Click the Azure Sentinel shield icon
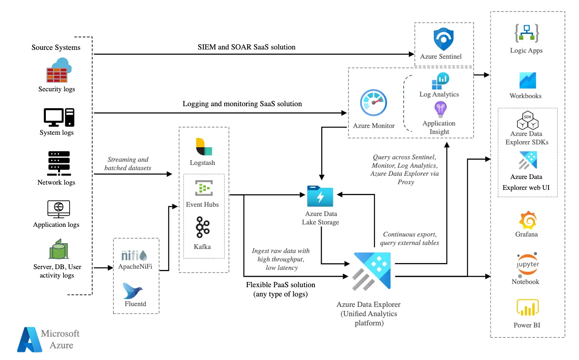[443, 39]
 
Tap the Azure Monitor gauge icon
[374, 103]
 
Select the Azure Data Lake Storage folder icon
[320, 196]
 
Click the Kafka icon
[203, 227]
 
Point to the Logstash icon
[203, 147]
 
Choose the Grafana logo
[528, 220]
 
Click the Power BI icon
[528, 308]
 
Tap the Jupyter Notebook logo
[528, 265]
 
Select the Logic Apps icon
[527, 33]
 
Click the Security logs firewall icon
[58, 71]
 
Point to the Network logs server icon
[59, 163]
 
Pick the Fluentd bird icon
[133, 291]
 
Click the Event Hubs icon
[204, 188]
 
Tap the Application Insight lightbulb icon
[440, 109]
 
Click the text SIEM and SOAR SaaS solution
[246, 47]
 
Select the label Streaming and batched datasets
[128, 164]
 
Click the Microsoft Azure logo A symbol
[30, 340]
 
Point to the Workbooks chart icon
[528, 80]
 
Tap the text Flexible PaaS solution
[281, 285]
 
